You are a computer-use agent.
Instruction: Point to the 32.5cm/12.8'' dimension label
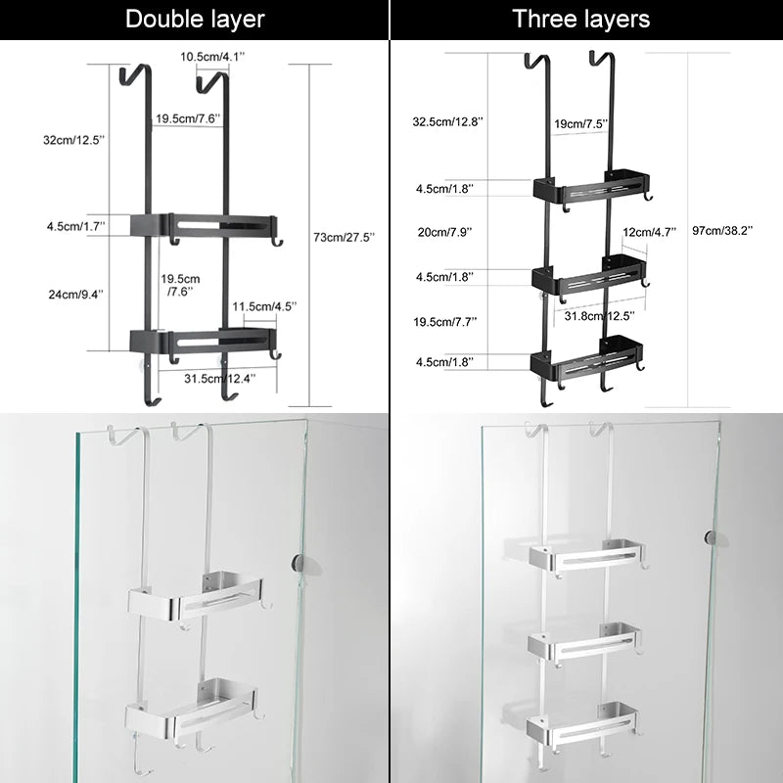447,122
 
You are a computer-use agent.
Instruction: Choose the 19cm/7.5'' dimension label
581,124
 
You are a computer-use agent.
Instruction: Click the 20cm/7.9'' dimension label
443,232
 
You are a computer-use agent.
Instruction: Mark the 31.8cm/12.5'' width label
599,314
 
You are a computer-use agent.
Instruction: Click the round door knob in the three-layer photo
713,536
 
